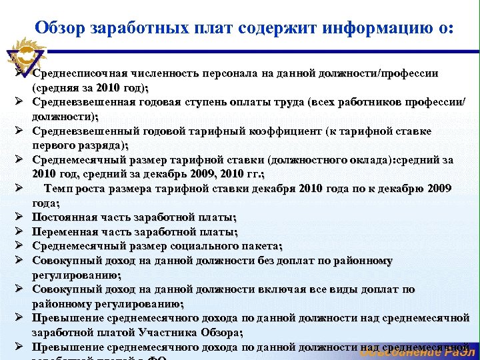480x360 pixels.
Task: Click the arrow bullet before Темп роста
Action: click(20, 189)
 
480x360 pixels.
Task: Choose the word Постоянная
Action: click(65, 217)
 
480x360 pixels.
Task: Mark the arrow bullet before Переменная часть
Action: click(20, 232)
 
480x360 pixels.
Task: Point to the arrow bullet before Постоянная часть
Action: click(20, 217)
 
